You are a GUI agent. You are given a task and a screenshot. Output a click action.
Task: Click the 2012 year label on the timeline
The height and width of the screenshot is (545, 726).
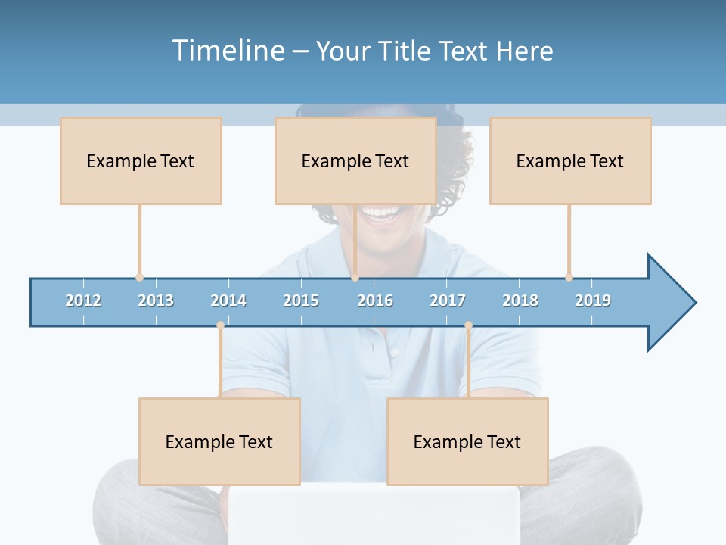coord(83,301)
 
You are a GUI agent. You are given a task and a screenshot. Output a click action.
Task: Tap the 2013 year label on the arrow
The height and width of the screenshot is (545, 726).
coord(156,301)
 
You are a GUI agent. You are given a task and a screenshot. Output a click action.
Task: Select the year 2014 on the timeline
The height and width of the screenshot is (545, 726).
coord(228,301)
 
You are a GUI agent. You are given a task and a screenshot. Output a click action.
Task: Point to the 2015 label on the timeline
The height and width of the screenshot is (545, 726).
coord(301,301)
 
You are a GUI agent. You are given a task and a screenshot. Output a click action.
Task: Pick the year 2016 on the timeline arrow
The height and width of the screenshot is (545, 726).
coord(375,301)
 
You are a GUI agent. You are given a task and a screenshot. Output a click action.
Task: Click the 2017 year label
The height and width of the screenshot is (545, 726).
coord(448,301)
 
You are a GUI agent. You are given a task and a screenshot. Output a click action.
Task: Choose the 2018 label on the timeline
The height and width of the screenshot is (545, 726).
coord(520,301)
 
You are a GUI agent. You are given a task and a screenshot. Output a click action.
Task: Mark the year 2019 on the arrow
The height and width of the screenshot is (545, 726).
coord(593,301)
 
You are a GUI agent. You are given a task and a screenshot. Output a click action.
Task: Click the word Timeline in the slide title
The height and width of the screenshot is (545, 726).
coord(228,51)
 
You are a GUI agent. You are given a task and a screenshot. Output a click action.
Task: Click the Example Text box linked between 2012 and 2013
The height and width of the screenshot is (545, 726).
coord(141,160)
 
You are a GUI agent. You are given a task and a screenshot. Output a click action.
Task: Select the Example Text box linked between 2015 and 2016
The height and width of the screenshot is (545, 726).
coord(355,160)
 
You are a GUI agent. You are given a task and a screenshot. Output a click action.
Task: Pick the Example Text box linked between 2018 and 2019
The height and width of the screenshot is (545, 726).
coord(570,160)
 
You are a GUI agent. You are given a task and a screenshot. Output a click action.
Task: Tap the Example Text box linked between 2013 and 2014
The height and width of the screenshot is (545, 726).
coord(219,441)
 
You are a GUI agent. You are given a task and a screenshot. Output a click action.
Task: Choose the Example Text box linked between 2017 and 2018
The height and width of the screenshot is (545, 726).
coord(467,441)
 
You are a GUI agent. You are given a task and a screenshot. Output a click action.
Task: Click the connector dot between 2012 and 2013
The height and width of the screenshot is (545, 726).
coord(139,277)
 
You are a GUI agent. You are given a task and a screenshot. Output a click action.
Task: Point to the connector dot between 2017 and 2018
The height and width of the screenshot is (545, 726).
coord(468,325)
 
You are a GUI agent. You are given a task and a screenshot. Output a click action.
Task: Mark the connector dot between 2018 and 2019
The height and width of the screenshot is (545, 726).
coord(569,277)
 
